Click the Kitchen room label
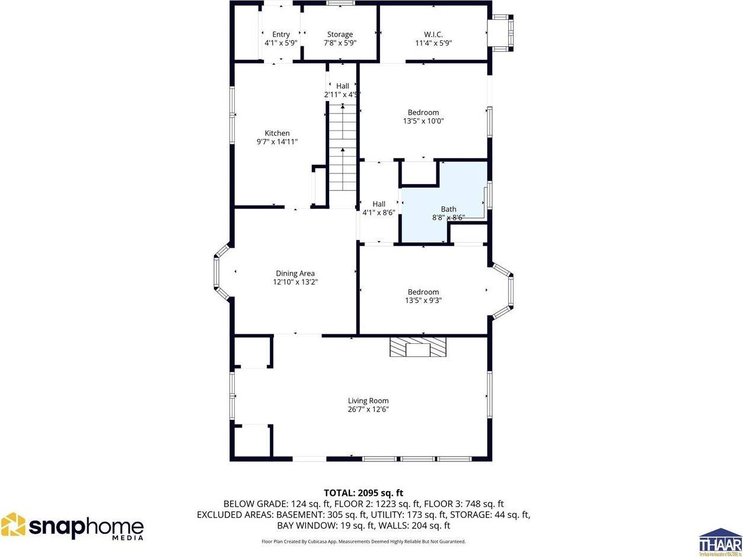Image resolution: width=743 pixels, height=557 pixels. point(277,133)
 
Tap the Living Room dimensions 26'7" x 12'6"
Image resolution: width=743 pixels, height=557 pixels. point(368,410)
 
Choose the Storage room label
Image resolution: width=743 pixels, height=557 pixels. point(340,34)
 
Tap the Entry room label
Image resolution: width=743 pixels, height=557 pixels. point(280,34)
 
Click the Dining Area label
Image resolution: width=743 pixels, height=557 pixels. point(295,273)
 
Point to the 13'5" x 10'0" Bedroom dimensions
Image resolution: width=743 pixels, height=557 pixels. point(423,121)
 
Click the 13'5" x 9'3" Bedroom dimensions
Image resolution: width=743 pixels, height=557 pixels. point(423,300)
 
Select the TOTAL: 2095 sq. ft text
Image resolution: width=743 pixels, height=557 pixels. point(363,492)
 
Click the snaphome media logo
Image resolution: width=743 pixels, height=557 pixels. point(72,527)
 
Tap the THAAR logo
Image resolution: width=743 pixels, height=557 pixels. point(720,542)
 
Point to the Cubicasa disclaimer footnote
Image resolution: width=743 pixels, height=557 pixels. point(363,542)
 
